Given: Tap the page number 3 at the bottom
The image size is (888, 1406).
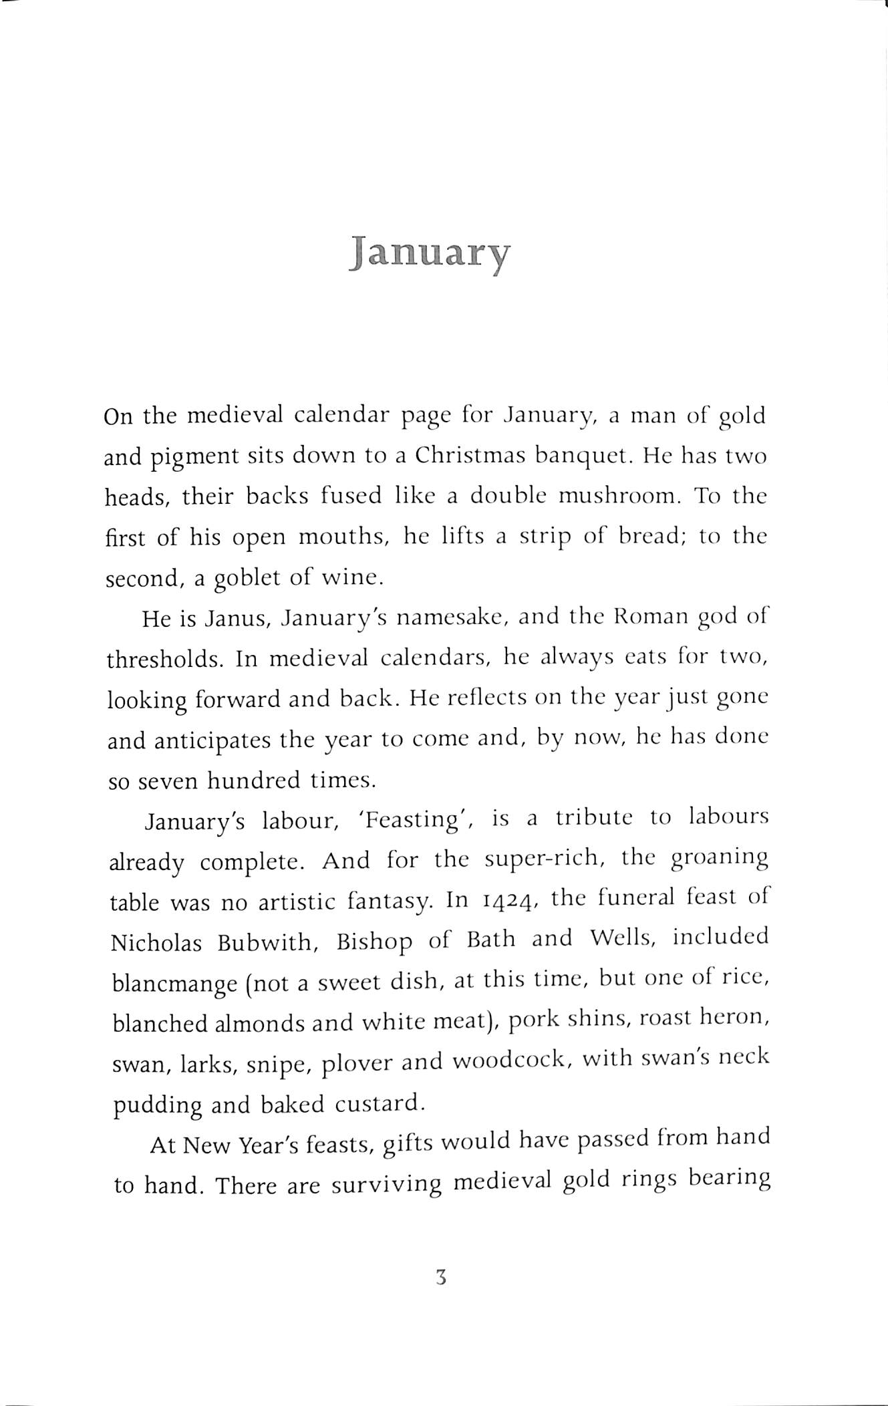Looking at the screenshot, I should click(440, 1278).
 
